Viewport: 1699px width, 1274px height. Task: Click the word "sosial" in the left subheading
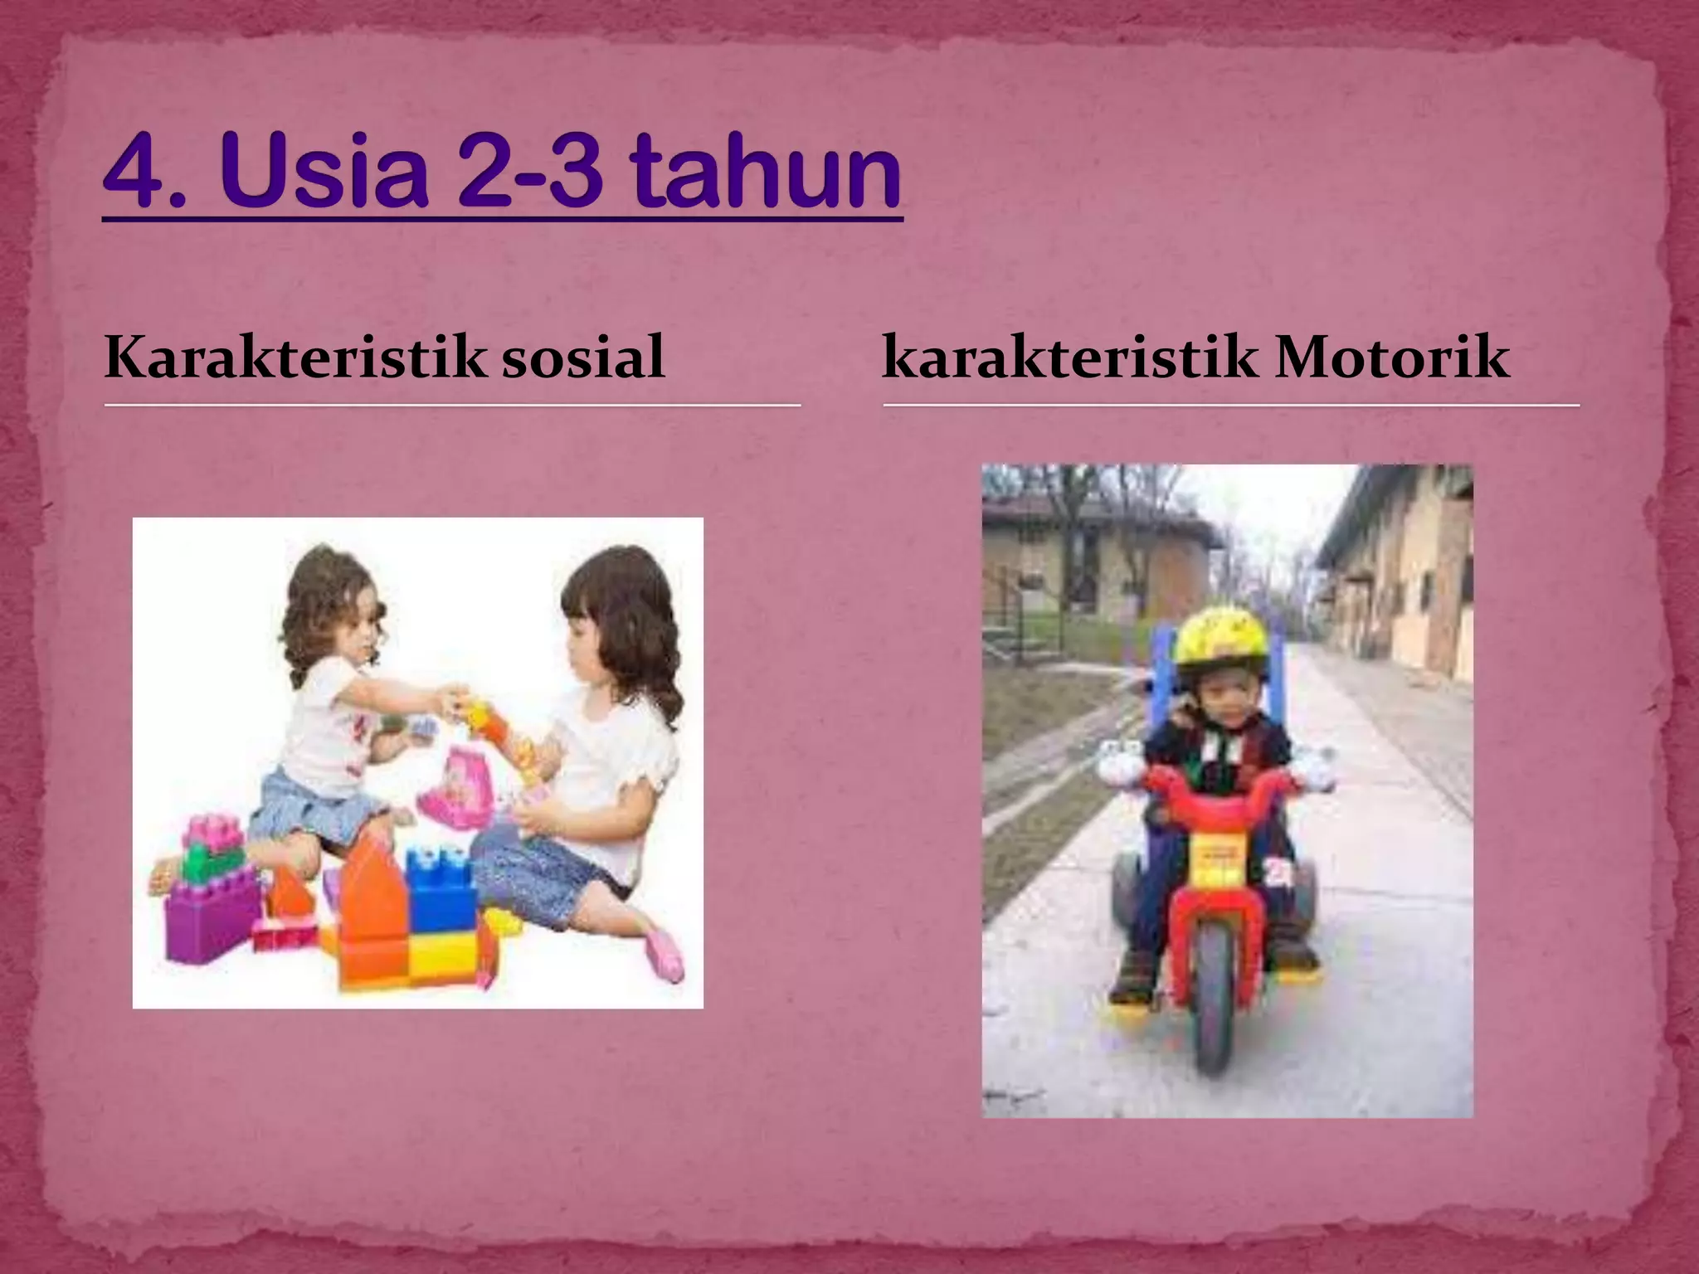(x=584, y=358)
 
